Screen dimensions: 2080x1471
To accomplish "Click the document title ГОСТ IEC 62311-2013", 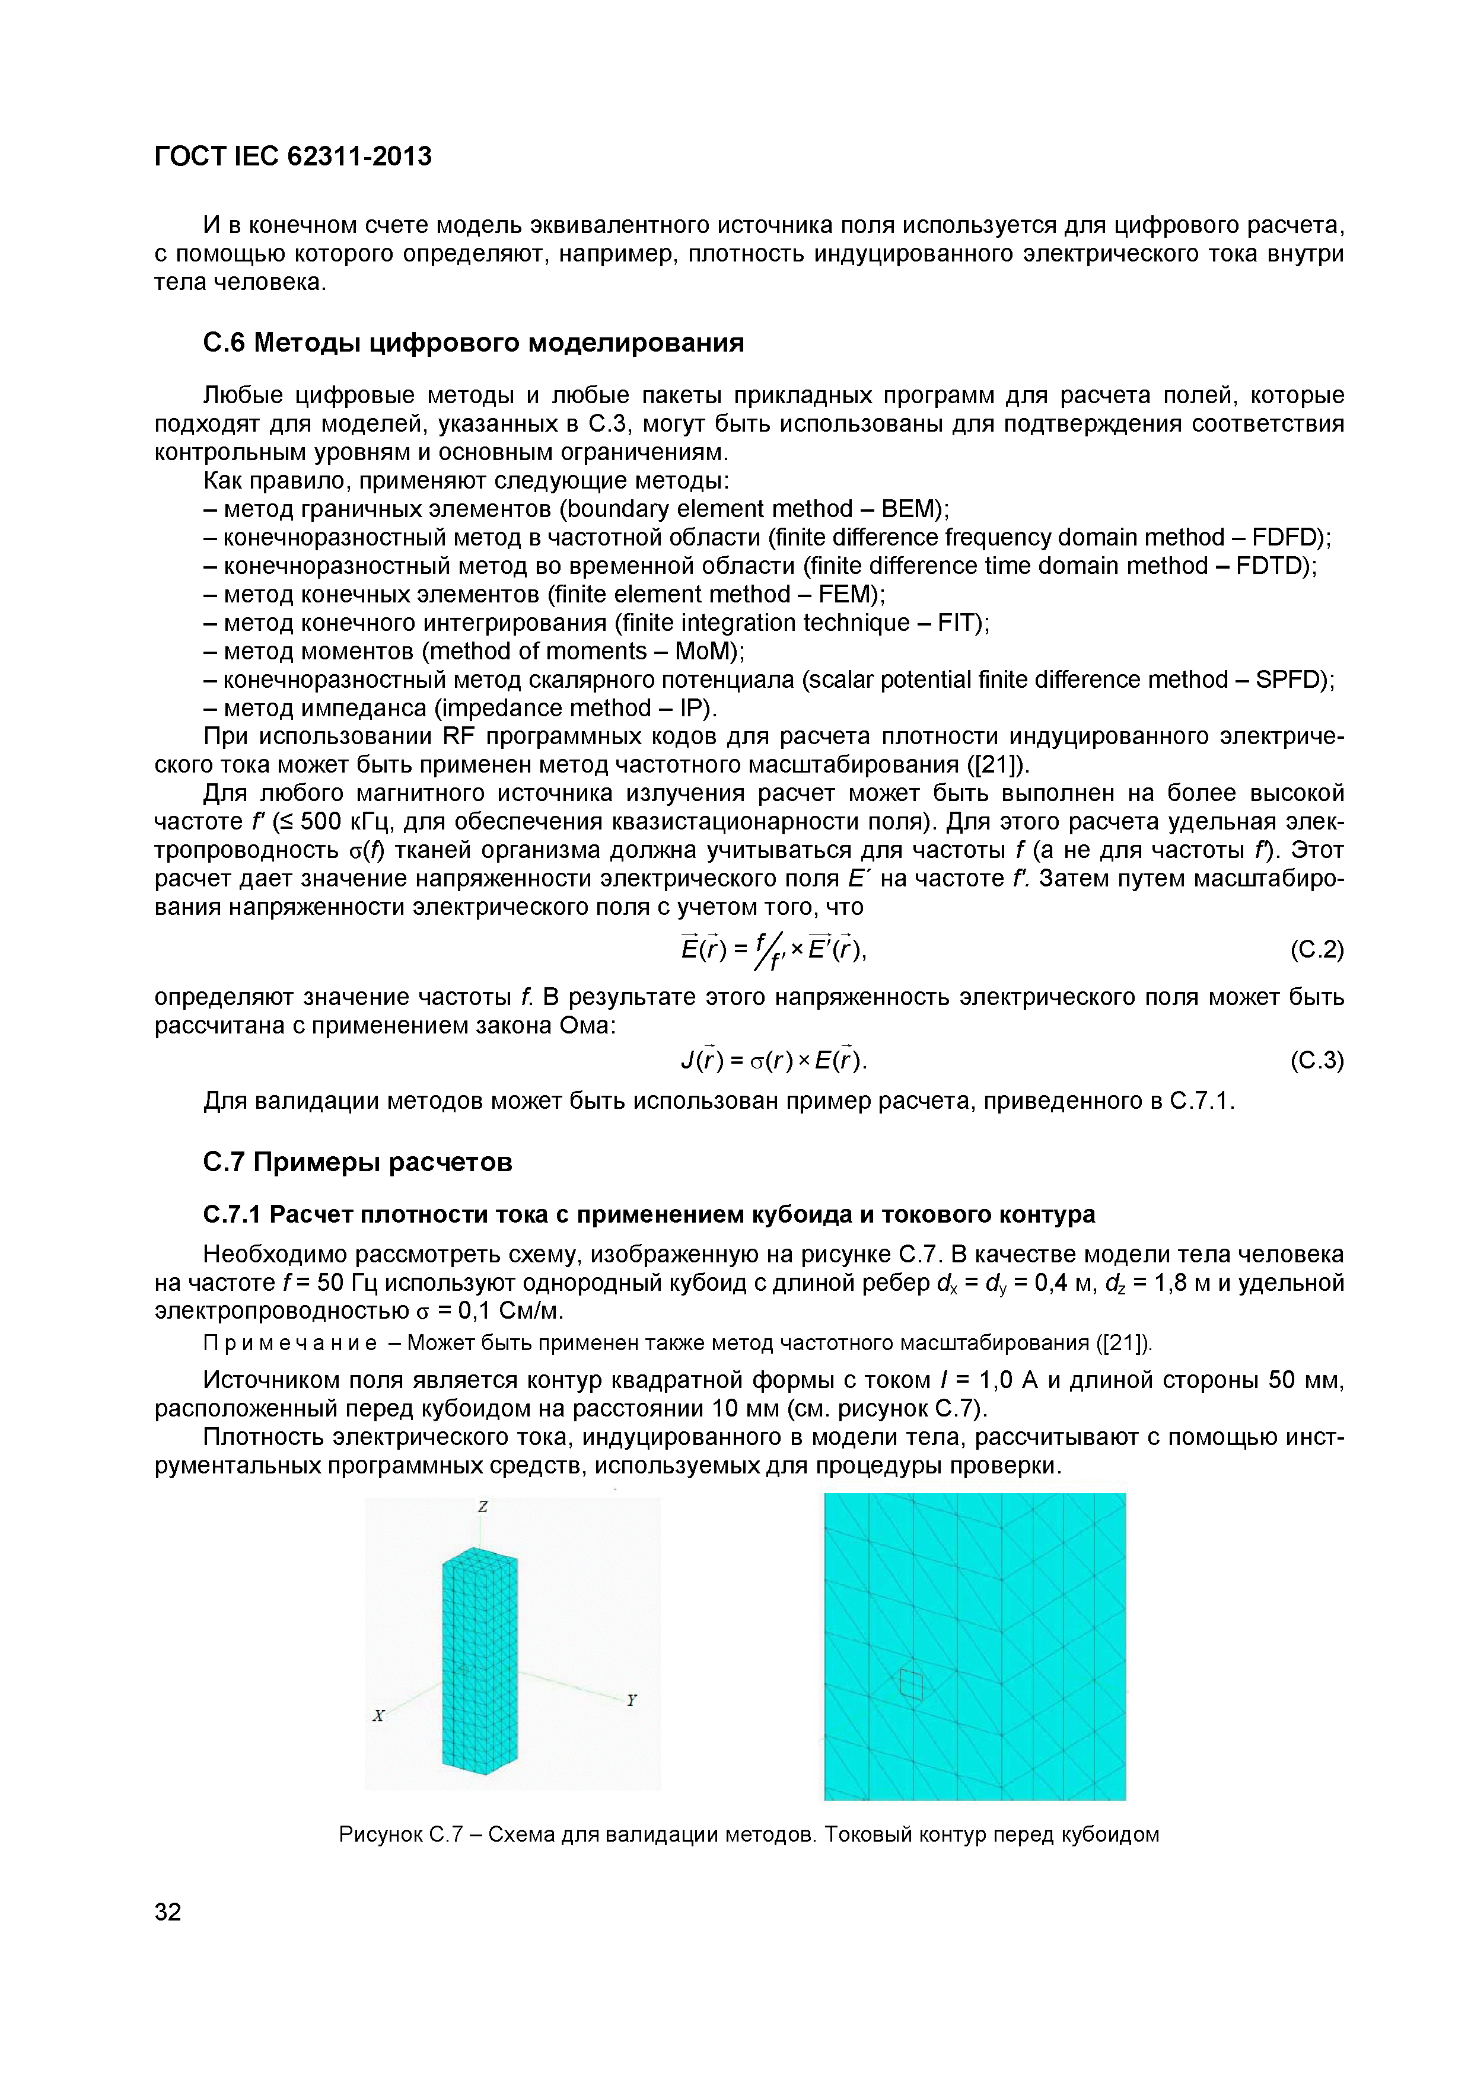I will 293,157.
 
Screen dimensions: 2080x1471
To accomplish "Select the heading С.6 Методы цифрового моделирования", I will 472,343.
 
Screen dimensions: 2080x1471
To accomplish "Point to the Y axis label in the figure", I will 632,1701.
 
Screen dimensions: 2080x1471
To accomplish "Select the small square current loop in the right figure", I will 911,1684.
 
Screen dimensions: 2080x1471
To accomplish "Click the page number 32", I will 168,1912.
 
